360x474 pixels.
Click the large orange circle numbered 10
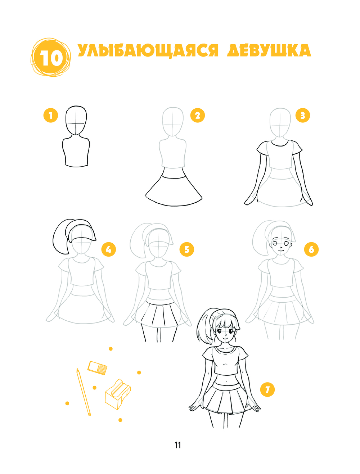[x=51, y=57]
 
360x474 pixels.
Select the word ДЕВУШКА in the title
[x=269, y=50]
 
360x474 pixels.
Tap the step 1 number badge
[x=51, y=116]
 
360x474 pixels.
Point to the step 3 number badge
[x=302, y=115]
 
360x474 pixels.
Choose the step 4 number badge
[x=108, y=249]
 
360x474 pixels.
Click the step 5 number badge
[x=186, y=249]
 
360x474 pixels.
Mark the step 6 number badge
[x=311, y=249]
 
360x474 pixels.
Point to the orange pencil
[x=84, y=392]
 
